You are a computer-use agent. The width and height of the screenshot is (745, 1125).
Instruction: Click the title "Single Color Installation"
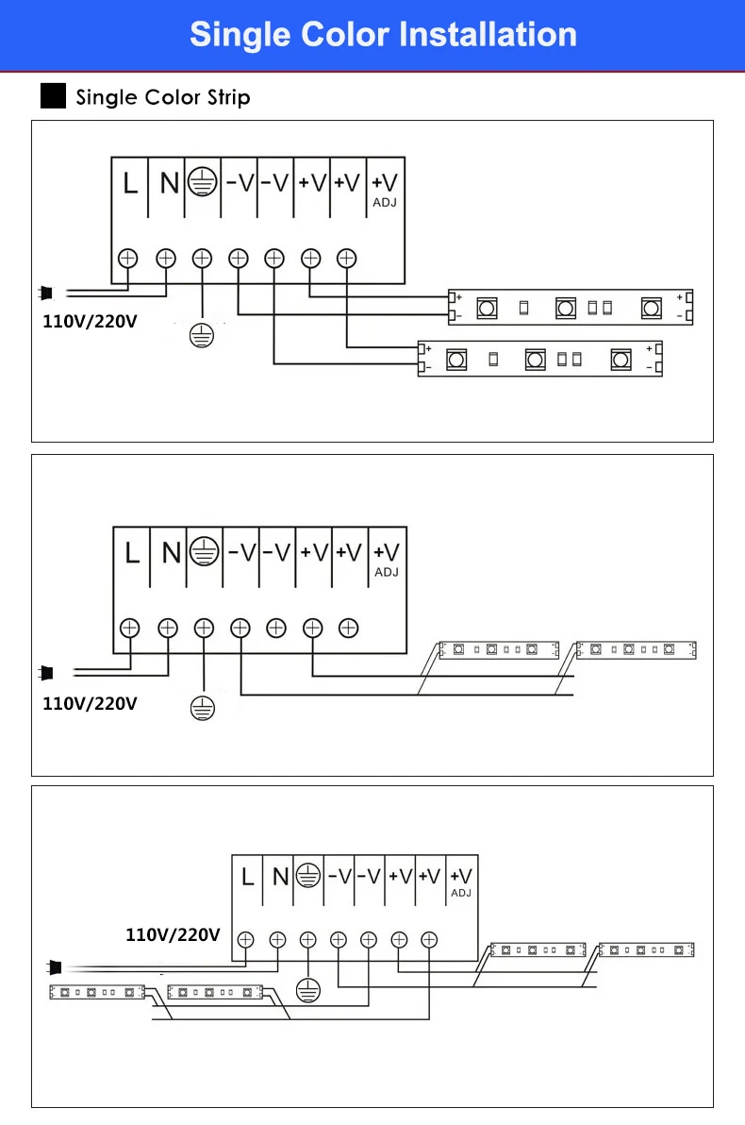click(x=383, y=34)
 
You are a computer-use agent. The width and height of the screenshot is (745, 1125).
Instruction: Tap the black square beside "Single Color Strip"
click(x=53, y=96)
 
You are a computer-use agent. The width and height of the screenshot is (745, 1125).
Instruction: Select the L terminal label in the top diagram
click(x=130, y=184)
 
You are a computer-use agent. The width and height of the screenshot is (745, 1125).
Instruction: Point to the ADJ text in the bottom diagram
click(x=461, y=893)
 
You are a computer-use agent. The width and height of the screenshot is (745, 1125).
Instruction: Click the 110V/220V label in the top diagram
click(x=90, y=322)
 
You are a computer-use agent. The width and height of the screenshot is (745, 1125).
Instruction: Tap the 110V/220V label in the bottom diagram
click(x=173, y=935)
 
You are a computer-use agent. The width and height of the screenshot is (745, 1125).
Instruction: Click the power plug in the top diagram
click(x=46, y=293)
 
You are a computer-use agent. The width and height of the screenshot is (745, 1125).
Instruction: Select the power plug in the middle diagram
click(x=46, y=673)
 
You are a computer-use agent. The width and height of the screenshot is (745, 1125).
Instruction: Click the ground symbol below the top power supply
click(x=202, y=335)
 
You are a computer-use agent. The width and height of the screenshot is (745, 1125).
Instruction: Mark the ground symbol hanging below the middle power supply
click(x=203, y=708)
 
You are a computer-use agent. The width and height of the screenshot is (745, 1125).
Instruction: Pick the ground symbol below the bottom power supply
click(x=308, y=991)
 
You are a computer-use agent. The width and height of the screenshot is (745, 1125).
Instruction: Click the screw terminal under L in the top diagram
click(x=127, y=259)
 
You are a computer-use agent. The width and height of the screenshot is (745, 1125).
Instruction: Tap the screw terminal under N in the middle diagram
click(x=168, y=629)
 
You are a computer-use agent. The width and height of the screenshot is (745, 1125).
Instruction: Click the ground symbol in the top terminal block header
click(x=202, y=182)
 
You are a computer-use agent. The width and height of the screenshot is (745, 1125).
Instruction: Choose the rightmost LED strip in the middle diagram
click(x=636, y=650)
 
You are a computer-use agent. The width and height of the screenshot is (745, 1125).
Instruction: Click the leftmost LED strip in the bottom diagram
click(x=97, y=992)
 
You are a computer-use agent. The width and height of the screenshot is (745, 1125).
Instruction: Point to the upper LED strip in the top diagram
click(x=571, y=308)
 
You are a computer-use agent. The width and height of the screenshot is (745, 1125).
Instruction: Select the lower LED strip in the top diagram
click(x=540, y=359)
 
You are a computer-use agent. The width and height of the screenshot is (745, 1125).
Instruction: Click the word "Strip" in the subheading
click(x=229, y=97)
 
